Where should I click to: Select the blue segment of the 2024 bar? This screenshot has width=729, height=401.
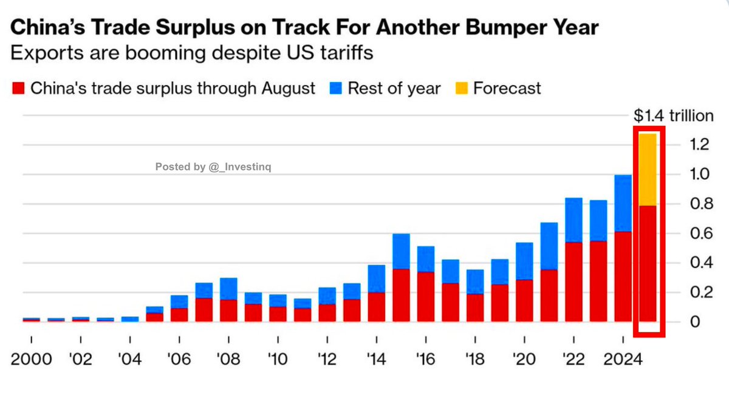(624, 203)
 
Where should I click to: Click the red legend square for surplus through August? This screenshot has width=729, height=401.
(18, 89)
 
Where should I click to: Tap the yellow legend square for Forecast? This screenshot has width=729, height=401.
(461, 89)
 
